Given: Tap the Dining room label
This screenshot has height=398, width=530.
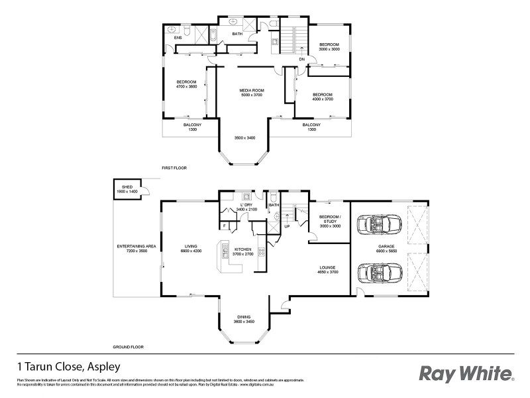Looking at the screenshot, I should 244,319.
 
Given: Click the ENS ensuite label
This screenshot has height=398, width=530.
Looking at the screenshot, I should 178,38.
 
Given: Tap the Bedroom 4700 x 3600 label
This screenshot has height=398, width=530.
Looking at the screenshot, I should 186,84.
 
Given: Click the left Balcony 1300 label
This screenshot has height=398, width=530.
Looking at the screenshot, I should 193,127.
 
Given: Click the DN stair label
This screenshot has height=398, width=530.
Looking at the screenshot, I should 301,58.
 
